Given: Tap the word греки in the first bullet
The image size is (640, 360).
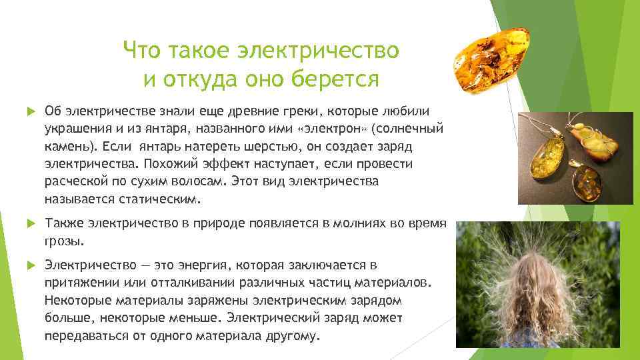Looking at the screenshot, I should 276,109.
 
